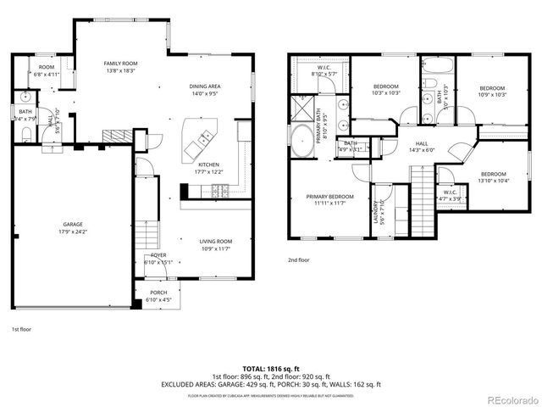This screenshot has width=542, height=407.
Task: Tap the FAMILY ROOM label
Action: click(121, 64)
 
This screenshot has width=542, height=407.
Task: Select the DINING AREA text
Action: click(205, 86)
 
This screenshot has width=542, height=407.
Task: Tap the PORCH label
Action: click(158, 293)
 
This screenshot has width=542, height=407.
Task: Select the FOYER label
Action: click(158, 254)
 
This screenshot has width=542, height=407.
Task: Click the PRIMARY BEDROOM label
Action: click(329, 197)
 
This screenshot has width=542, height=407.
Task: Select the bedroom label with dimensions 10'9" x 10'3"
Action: click(492, 88)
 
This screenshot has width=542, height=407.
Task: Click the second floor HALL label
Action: click(421, 143)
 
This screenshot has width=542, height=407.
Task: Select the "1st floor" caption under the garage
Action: click(22, 329)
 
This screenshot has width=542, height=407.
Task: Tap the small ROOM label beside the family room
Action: click(46, 67)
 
